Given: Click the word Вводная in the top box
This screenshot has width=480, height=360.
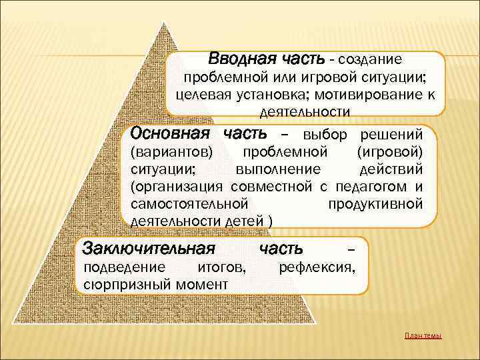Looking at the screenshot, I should [238, 59].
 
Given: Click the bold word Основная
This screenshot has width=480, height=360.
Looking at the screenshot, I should [171, 133].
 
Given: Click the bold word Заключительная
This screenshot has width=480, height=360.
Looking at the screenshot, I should [148, 249].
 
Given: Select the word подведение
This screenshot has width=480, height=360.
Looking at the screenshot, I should [124, 267].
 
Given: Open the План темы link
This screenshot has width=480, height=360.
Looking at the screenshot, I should [423, 335].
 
